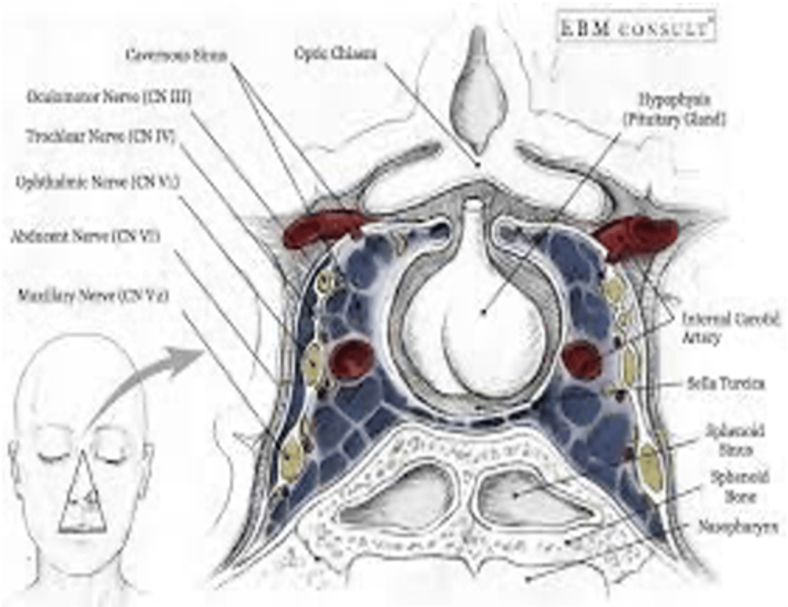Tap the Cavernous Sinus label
point(176,55)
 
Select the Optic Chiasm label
point(335,53)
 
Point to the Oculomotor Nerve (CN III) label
point(109,98)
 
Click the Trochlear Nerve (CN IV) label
point(101,137)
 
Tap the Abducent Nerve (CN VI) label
point(85,237)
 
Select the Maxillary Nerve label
point(92,296)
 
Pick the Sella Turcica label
point(725,384)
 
